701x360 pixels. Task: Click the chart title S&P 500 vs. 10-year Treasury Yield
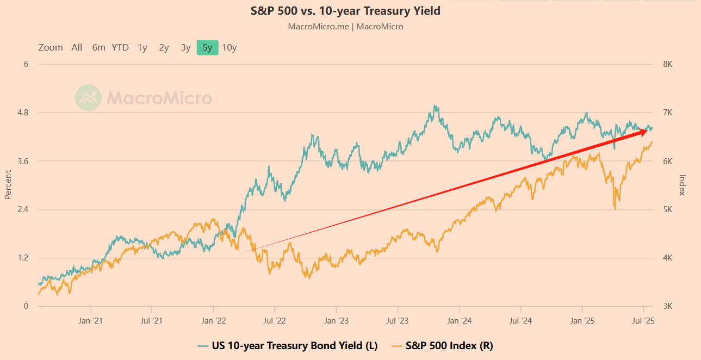point(345,11)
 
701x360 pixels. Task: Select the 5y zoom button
point(207,47)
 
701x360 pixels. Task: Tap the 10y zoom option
point(229,47)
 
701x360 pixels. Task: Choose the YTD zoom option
point(120,47)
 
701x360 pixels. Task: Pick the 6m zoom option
point(98,47)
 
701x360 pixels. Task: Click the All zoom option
point(77,47)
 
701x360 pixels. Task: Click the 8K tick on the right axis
point(668,64)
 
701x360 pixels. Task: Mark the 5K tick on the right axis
point(668,209)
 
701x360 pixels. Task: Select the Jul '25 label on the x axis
point(644,321)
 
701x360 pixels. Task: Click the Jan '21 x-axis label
point(91,321)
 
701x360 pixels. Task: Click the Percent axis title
point(8,185)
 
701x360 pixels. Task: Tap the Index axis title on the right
point(683,185)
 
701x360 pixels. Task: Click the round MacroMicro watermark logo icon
point(88,98)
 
